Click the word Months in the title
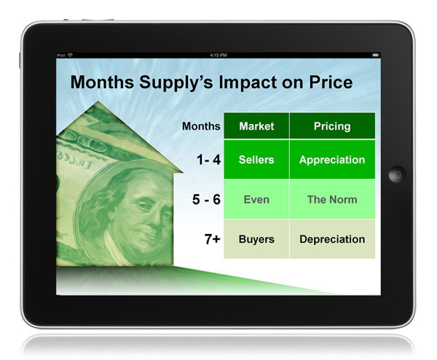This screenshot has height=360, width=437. click(x=102, y=82)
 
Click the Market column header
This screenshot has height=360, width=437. click(x=256, y=126)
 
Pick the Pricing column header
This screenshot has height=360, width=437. click(x=332, y=126)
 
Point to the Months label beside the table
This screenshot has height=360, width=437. click(x=201, y=126)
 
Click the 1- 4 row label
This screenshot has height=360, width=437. click(x=208, y=160)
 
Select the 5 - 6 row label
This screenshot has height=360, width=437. click(x=206, y=200)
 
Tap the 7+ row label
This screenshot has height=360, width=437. click(x=213, y=239)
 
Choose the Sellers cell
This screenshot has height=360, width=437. click(x=256, y=160)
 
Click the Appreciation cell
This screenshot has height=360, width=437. click(x=332, y=160)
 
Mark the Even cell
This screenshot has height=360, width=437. click(x=256, y=200)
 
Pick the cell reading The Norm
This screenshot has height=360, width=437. click(x=332, y=200)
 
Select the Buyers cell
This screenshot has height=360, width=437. click(x=256, y=239)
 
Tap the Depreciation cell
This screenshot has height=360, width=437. click(x=332, y=239)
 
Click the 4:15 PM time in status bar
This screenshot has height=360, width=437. click(x=219, y=55)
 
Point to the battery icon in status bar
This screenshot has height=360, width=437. click(x=375, y=55)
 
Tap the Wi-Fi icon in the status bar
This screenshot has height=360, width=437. click(x=70, y=55)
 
